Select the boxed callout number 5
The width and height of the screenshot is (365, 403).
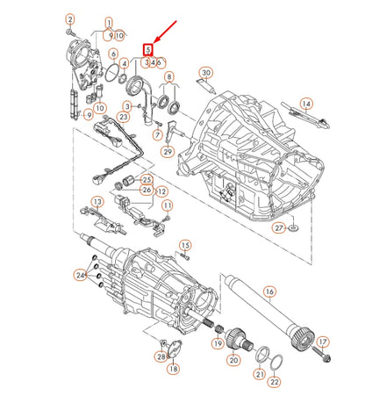point(149,51)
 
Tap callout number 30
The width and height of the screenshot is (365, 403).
point(206,72)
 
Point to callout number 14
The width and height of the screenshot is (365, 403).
point(306,104)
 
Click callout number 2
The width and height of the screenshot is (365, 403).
point(71,18)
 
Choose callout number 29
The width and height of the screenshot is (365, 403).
point(167,152)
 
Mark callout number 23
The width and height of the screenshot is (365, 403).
point(125,115)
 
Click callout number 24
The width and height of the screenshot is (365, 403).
point(80,276)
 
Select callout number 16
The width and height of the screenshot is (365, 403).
point(269,291)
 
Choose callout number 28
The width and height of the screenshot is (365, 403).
point(161,356)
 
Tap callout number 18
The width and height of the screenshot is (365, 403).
point(172,370)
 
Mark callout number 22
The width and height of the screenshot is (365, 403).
point(274,382)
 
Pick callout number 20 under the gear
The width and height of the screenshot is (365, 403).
point(234,360)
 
